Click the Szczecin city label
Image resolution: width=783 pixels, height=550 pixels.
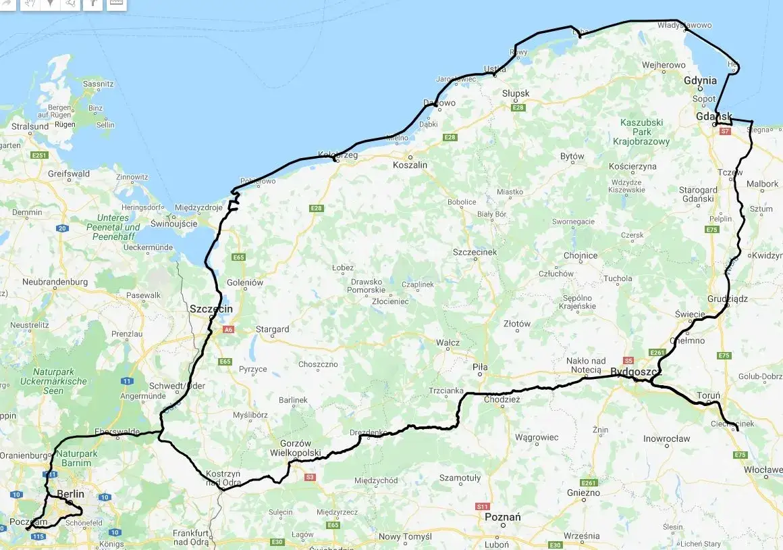coord(211,309)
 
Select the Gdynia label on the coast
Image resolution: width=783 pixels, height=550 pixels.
coord(700,80)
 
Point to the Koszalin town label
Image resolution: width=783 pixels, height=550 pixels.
coord(410,165)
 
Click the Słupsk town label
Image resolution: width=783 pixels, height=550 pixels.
coord(516,93)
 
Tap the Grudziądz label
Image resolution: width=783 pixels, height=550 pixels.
coord(728,298)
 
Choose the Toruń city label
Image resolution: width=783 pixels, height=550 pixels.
coord(709,395)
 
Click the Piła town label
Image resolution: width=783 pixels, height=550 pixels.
coord(480,367)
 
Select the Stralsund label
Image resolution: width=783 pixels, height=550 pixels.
coord(30,126)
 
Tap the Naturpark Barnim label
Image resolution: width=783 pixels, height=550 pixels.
coord(74,458)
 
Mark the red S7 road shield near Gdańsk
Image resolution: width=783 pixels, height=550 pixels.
coord(725,132)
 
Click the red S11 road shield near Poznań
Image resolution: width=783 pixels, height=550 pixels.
coord(482,506)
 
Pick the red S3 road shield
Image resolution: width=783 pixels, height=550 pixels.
coord(310,477)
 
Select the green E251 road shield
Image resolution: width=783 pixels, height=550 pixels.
coord(39,155)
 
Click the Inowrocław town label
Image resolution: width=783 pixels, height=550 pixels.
coord(667,439)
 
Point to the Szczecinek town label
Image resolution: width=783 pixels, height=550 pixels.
coord(475,252)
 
